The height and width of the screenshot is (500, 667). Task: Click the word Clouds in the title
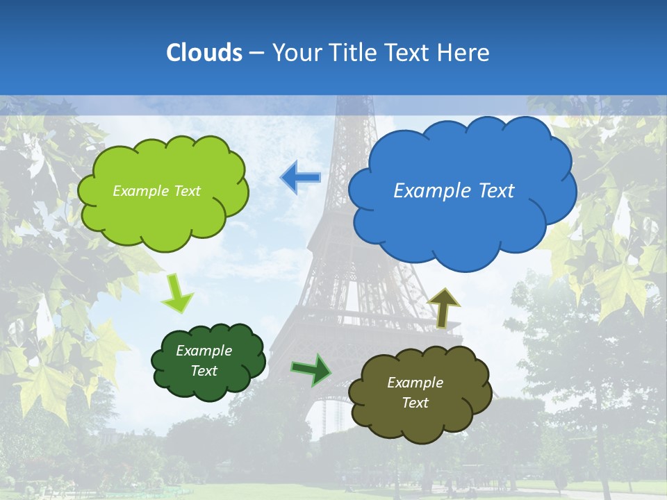[204, 53]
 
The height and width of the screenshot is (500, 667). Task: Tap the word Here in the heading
[465, 53]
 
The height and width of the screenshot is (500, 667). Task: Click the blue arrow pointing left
[300, 178]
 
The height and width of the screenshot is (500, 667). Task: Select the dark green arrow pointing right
[311, 369]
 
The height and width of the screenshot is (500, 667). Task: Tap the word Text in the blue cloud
[496, 191]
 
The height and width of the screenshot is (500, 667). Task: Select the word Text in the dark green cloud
[204, 371]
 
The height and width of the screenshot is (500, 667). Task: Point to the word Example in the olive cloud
[415, 383]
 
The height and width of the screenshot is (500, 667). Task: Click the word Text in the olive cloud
[415, 403]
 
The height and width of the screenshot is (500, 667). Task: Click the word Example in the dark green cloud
[204, 351]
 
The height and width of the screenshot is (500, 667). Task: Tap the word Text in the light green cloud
[186, 191]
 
